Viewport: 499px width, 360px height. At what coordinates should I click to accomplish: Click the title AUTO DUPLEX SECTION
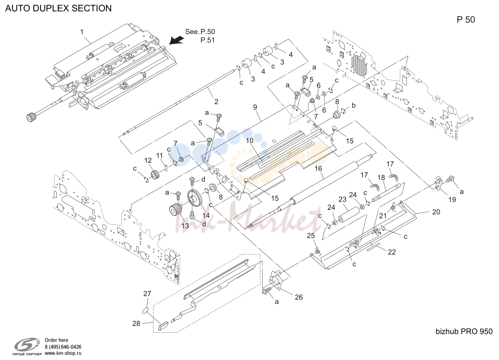(x=58, y=8)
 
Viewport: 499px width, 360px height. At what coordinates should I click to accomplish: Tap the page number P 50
(x=466, y=20)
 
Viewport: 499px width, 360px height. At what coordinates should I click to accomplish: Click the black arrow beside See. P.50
(x=176, y=40)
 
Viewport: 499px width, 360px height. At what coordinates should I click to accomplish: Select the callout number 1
(x=82, y=32)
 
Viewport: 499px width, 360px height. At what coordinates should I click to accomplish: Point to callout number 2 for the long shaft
(x=216, y=102)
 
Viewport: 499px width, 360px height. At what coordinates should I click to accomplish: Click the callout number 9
(x=255, y=107)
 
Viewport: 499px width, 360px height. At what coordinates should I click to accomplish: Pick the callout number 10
(x=250, y=141)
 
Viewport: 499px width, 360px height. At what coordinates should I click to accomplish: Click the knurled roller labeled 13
(x=176, y=210)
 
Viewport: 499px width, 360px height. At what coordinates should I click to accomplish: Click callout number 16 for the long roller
(x=318, y=169)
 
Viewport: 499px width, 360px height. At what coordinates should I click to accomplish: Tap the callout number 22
(x=392, y=252)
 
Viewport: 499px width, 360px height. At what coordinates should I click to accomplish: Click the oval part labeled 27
(x=146, y=310)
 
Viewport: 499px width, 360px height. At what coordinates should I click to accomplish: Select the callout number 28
(x=136, y=323)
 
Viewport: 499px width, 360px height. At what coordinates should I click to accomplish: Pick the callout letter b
(x=354, y=105)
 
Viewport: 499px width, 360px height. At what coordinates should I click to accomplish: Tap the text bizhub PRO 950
(x=464, y=331)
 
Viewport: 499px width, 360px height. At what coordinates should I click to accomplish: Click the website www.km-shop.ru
(x=63, y=353)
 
